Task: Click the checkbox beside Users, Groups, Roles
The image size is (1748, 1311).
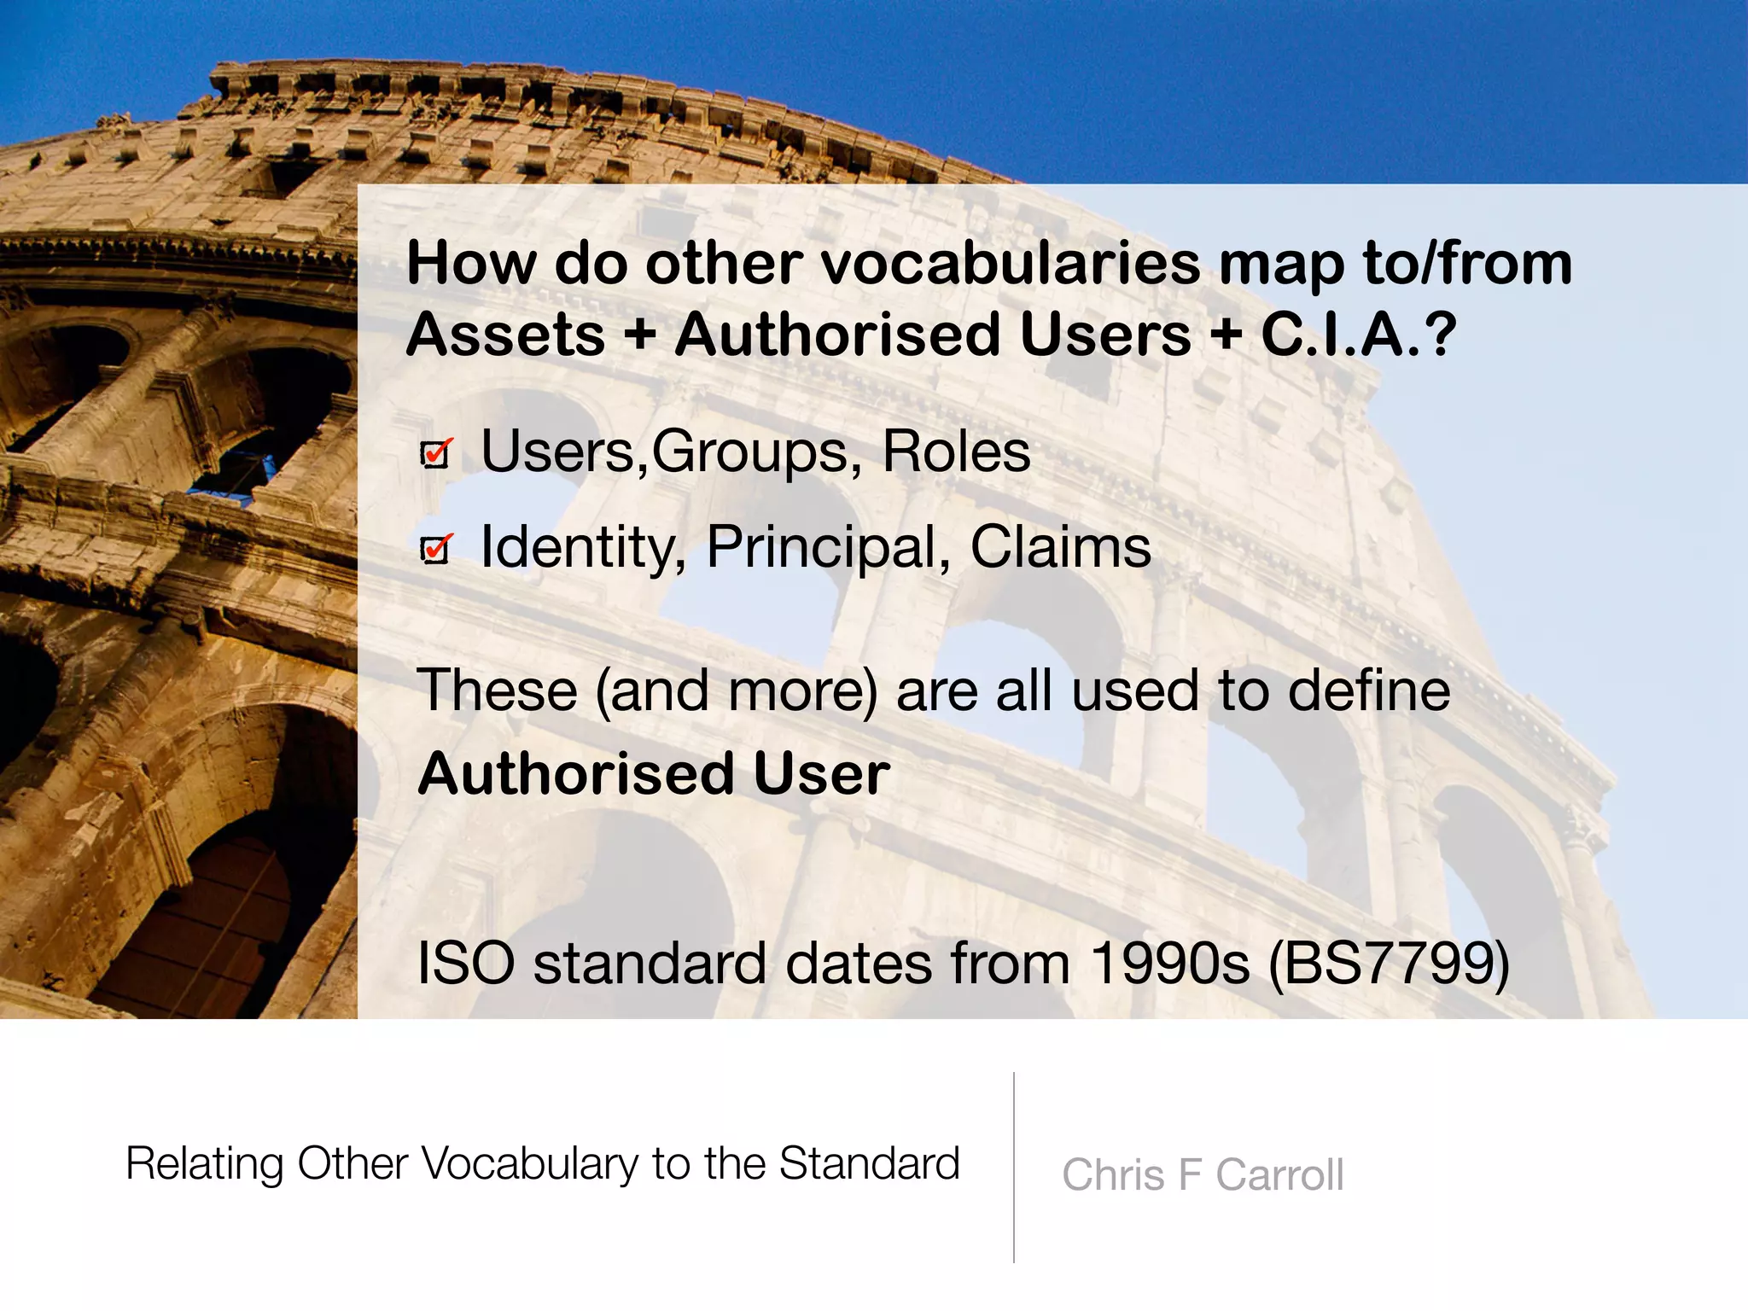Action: tap(435, 454)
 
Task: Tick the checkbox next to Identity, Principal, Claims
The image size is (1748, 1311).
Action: tap(435, 550)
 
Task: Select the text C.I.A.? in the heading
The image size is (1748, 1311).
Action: tap(1358, 334)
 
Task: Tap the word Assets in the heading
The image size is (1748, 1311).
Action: tap(505, 334)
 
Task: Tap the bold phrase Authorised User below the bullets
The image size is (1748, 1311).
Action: tap(654, 773)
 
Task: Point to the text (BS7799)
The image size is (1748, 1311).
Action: tap(1390, 964)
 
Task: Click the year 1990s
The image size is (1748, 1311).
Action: tap(1170, 964)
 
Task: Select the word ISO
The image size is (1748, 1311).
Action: tap(466, 964)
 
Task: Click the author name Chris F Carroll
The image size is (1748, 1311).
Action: tap(1203, 1174)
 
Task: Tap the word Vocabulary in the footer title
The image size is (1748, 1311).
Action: tap(528, 1164)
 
